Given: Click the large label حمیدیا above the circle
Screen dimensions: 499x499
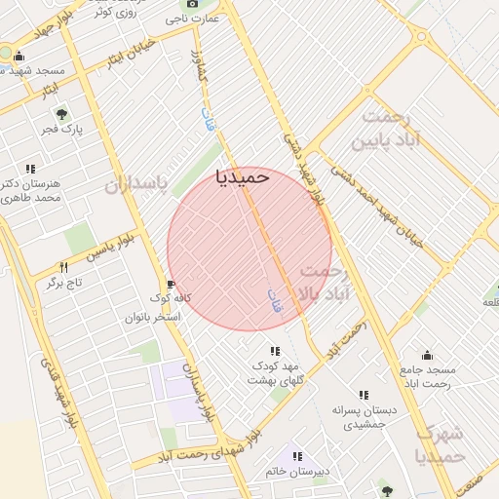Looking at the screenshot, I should pyautogui.click(x=241, y=176).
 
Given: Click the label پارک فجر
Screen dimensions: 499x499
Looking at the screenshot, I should pyautogui.click(x=65, y=129).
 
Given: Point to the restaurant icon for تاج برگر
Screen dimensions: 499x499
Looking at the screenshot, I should pyautogui.click(x=64, y=267).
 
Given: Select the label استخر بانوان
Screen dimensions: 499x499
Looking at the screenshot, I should pyautogui.click(x=153, y=317).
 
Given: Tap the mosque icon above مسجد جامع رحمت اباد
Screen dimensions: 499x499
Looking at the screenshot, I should pyautogui.click(x=426, y=355).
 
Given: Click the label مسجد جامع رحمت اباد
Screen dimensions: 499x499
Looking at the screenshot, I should pyautogui.click(x=427, y=376).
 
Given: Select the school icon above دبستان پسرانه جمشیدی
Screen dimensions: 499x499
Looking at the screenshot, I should pyautogui.click(x=364, y=395).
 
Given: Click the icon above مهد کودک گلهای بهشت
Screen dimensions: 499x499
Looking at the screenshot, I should pyautogui.click(x=274, y=351).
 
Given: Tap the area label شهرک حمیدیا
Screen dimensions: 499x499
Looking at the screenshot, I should pyautogui.click(x=440, y=444).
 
